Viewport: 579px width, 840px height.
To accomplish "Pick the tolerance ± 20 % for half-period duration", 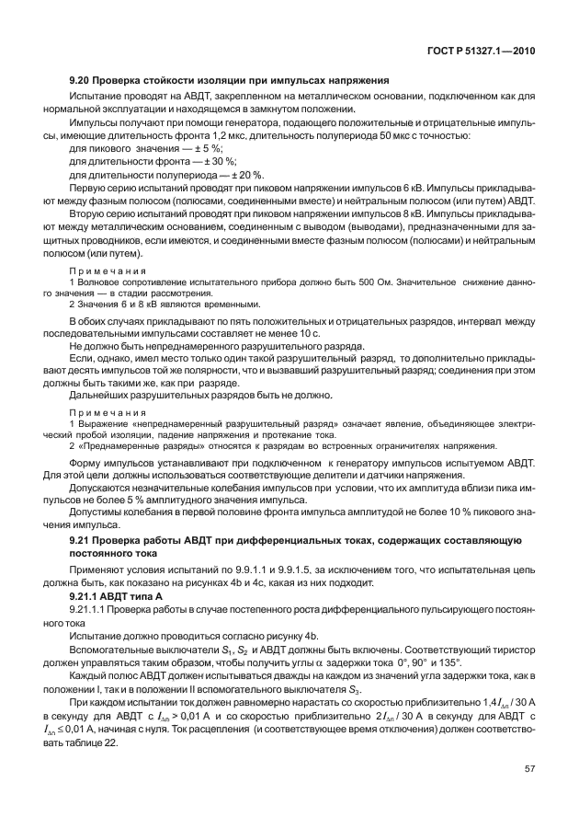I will (x=221, y=175).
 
